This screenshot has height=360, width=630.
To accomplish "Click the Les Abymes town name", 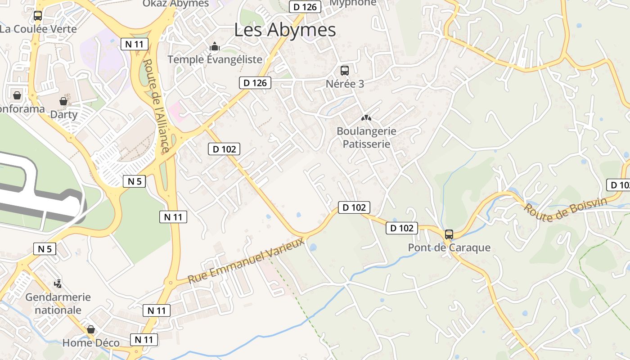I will point(285,30).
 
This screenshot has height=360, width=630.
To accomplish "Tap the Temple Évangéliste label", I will point(215,59).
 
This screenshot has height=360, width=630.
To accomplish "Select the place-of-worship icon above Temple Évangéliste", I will point(215,46).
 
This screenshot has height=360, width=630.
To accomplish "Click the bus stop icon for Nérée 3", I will point(344,71).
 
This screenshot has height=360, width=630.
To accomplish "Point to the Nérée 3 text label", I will point(345,84).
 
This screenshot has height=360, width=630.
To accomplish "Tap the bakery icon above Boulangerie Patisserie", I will point(366,118).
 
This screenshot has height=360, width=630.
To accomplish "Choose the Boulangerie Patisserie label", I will point(366,138).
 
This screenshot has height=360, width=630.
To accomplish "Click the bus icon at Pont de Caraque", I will point(449,234).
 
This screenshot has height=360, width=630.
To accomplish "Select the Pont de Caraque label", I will point(449,247).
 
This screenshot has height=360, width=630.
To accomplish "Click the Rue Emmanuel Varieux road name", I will point(246,261).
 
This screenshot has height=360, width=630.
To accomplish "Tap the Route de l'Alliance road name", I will point(156,106).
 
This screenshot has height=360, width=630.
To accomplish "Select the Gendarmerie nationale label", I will point(58,304).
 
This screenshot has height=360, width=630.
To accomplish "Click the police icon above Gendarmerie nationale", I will point(58,283).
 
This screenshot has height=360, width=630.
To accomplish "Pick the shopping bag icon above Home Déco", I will point(91,329).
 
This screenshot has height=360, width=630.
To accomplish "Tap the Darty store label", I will point(64,114).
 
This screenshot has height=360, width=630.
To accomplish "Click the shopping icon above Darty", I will point(63,101).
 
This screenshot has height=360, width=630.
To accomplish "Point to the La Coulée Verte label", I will point(38,29).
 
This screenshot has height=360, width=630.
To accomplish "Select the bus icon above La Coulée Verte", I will point(38,16).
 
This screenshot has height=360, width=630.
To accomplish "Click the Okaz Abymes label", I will point(176,4).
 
